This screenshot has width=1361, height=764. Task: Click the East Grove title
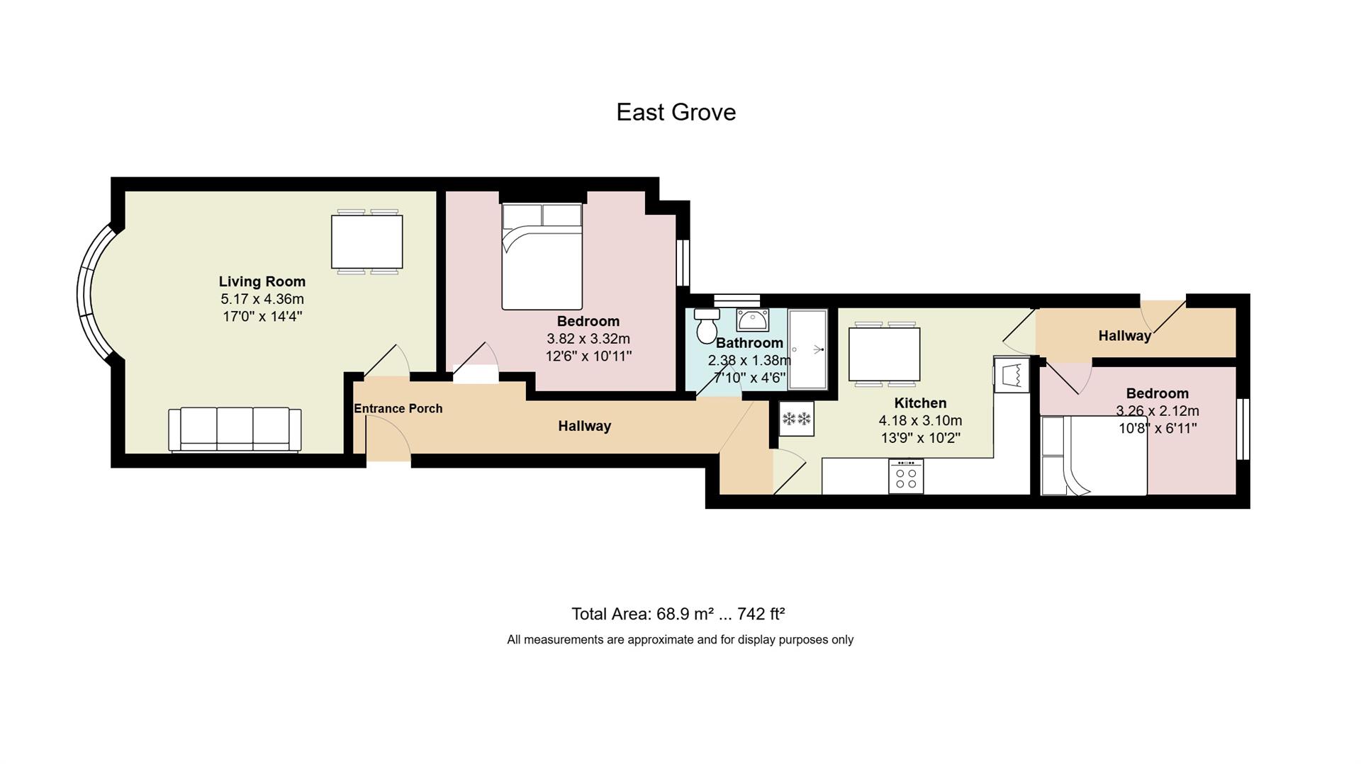click(676, 112)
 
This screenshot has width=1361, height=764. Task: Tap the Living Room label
click(262, 281)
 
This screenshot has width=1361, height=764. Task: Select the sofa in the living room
click(235, 429)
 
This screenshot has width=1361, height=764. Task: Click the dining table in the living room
click(367, 242)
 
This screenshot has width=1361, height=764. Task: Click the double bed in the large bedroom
click(542, 257)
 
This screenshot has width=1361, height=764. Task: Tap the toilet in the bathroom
click(707, 325)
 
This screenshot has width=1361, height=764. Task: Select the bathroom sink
click(752, 320)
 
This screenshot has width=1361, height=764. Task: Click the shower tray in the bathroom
click(807, 349)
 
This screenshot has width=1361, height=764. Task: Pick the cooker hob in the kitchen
click(906, 476)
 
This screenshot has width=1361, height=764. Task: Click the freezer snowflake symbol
click(796, 419)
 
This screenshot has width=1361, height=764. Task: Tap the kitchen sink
click(1012, 374)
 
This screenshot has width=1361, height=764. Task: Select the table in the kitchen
click(885, 354)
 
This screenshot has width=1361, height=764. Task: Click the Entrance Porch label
click(398, 408)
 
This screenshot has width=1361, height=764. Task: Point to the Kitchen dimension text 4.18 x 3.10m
click(921, 421)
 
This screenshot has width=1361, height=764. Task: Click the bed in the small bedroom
click(1094, 456)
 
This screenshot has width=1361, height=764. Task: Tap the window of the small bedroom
click(1243, 429)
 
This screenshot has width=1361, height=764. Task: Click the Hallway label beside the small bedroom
click(1125, 336)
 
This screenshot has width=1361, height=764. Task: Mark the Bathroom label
click(749, 343)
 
